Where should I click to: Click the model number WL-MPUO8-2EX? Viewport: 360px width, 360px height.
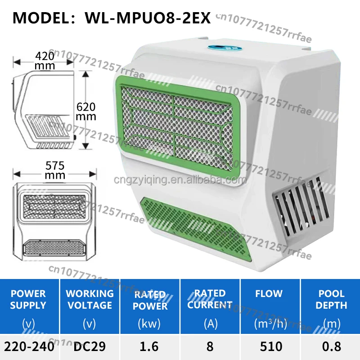coord(148,18)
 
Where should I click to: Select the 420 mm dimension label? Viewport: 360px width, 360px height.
coord(45,61)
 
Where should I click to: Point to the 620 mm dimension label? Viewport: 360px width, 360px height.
coord(86,112)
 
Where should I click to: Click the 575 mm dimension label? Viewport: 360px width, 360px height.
coord(55,170)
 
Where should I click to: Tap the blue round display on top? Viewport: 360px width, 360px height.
coord(225,48)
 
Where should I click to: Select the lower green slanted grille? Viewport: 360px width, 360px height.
coord(196,228)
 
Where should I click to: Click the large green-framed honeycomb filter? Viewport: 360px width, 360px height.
coord(177,125)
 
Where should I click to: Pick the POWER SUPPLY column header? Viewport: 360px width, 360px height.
coord(28,299)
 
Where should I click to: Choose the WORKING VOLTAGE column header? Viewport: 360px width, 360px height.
coord(90,299)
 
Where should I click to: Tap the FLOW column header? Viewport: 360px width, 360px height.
coord(269,294)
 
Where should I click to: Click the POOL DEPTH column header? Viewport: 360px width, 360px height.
coord(331,299)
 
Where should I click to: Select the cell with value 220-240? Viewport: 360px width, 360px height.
coord(29,346)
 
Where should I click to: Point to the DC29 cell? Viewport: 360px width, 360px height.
coord(90,346)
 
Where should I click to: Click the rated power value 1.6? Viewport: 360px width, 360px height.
coord(149,346)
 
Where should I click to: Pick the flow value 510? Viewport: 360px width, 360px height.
coord(271,346)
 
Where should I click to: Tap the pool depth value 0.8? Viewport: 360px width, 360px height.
coord(332,346)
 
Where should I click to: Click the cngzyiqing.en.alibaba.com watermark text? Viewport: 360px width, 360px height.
coord(180,180)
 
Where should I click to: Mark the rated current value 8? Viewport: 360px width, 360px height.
coord(210,346)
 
